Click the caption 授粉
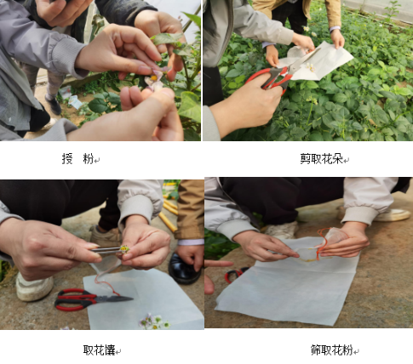(x=77, y=158)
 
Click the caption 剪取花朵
(x=321, y=159)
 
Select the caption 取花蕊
(x=99, y=350)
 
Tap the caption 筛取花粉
(x=331, y=350)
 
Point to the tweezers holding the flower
(x=107, y=250)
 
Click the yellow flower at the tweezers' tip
(x=124, y=249)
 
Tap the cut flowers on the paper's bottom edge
(x=154, y=321)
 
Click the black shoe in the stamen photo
(x=184, y=270)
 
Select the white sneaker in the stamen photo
(x=33, y=287)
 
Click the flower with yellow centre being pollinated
(x=154, y=80)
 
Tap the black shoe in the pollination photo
(x=53, y=105)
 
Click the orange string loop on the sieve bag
(x=322, y=243)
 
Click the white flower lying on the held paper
(x=310, y=67)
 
